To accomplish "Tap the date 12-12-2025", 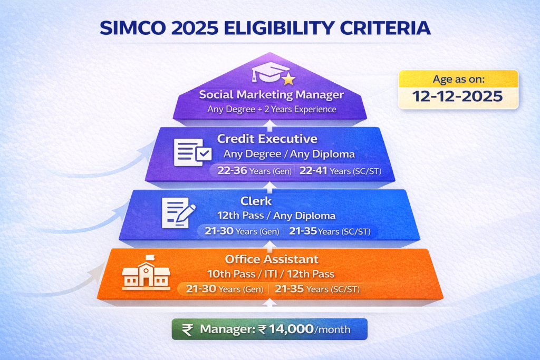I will pos(458,97).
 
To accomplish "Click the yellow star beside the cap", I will pos(288,80).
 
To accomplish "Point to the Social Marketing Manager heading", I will pos(271,95).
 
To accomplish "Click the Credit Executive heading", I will pos(267,139).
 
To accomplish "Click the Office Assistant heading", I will pos(272,259).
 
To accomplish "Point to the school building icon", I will pos(146,274).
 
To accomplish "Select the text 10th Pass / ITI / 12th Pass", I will pos(271,274).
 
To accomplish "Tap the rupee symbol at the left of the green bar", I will pos(187,329).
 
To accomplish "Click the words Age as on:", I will pos(458,80).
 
